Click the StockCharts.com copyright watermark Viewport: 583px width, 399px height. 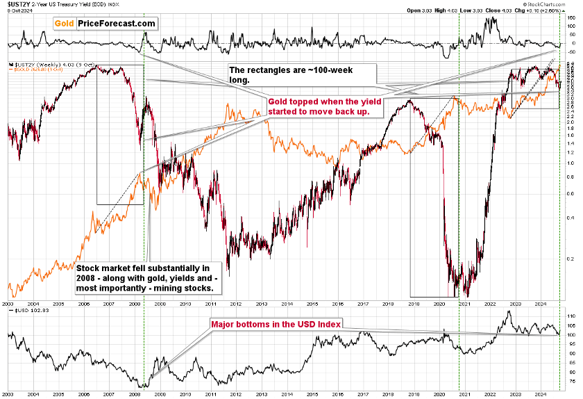[x=559, y=11]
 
